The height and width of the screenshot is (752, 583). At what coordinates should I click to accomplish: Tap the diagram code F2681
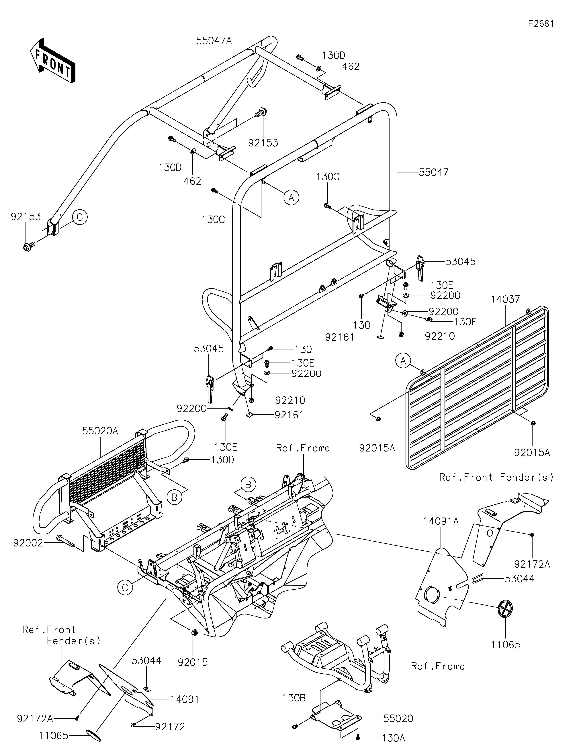(x=541, y=24)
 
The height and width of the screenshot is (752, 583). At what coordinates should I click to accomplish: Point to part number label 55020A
(x=100, y=431)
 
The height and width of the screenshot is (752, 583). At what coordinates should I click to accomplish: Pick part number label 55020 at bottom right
(x=398, y=719)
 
